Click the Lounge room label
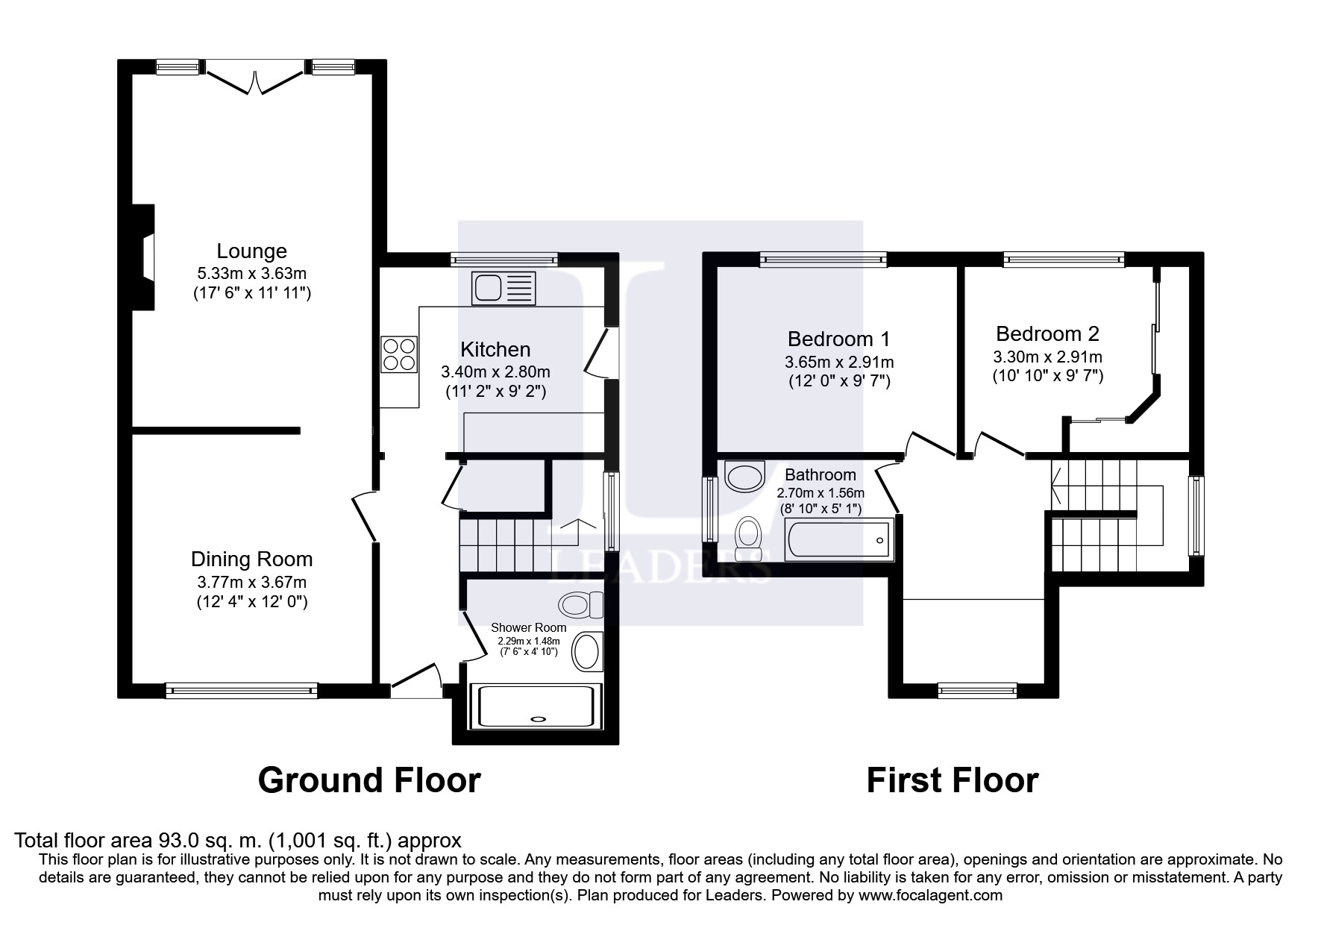tap(251, 251)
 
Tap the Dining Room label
tap(251, 559)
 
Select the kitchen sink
tap(503, 288)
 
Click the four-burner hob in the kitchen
tap(399, 354)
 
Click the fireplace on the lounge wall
tap(143, 257)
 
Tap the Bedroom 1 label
tap(838, 339)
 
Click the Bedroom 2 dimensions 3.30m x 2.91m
tap(1047, 357)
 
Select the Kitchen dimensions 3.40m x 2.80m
tap(495, 371)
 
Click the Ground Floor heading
tap(369, 780)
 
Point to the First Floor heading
tap(952, 780)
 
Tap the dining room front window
tap(242, 690)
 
